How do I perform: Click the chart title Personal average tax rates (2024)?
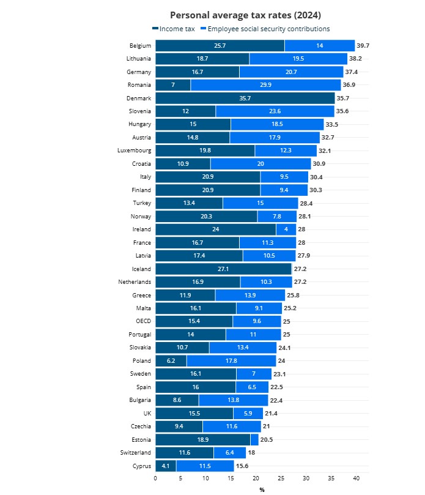point(245,15)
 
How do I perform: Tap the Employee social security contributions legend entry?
point(268,29)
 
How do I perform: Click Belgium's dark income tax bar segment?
point(220,46)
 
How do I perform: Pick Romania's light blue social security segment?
point(265,85)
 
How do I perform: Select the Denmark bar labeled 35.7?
point(245,98)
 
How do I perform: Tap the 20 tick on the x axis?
point(256,478)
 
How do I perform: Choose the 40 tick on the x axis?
point(356,478)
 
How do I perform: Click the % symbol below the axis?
point(262,489)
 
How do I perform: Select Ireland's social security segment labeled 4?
point(286,229)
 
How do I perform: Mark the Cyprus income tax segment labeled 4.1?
point(166,466)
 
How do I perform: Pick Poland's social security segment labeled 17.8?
point(231,361)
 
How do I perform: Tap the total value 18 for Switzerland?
point(251,453)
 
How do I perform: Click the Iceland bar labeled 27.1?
point(223,269)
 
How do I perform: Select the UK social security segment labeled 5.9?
point(248,413)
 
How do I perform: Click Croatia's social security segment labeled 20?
point(261,163)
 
